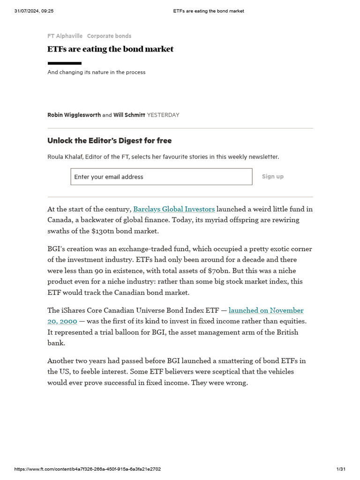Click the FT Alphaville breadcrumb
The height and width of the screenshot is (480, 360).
pyautogui.click(x=65, y=36)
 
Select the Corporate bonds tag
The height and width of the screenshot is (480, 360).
pyautogui.click(x=109, y=36)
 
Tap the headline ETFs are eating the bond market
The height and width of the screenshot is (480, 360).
pyautogui.click(x=110, y=49)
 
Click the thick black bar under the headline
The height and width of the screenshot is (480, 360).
pyautogui.click(x=64, y=63)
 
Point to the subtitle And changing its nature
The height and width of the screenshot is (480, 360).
pyautogui.click(x=96, y=72)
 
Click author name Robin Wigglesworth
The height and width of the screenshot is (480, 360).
pyautogui.click(x=74, y=115)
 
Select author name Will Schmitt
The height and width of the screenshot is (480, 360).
pyautogui.click(x=129, y=115)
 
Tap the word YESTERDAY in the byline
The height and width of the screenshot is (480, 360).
pyautogui.click(x=163, y=115)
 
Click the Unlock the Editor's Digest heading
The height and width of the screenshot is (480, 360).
pyautogui.click(x=109, y=141)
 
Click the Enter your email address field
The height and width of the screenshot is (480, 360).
pyautogui.click(x=161, y=177)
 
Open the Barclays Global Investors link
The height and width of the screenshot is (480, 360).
pyautogui.click(x=174, y=209)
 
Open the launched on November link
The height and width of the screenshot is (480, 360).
pyautogui.click(x=266, y=310)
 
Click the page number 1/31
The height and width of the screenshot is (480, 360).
pyautogui.click(x=341, y=469)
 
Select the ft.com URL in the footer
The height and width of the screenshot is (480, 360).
pyautogui.click(x=88, y=469)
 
